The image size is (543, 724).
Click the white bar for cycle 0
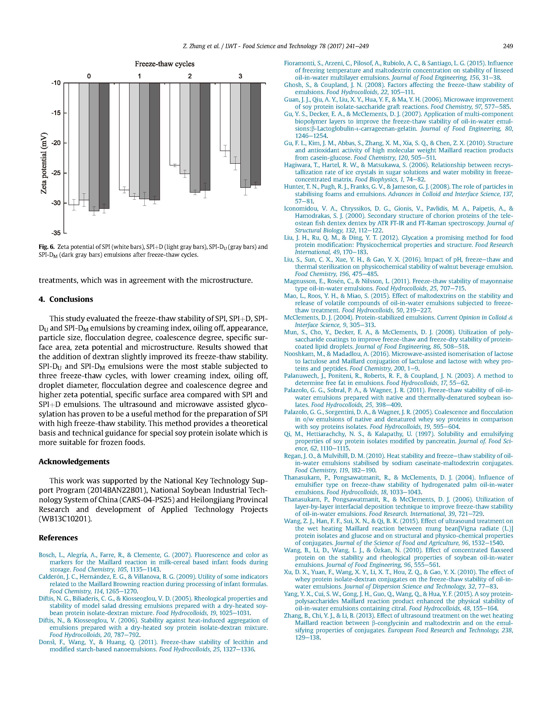click(74, 144)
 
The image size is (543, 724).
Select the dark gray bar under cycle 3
click(256, 134)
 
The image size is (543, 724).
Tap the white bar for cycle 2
click(174, 124)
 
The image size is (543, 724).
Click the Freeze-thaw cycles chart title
click(164, 64)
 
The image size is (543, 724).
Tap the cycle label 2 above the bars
click(190, 76)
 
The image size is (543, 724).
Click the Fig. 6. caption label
click(46, 247)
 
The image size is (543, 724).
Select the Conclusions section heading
click(71, 299)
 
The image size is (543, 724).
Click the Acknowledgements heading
click(74, 462)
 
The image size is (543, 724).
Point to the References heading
click(58, 538)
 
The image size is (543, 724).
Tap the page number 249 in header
click(508, 46)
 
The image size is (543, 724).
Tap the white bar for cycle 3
click(225, 117)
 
